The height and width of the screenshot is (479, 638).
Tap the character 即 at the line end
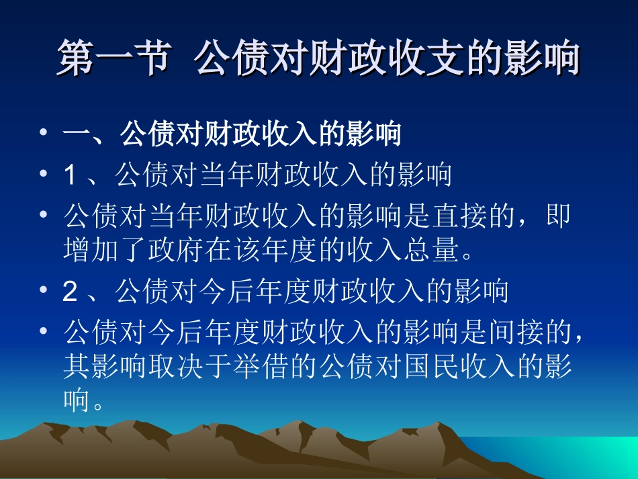point(559,216)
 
